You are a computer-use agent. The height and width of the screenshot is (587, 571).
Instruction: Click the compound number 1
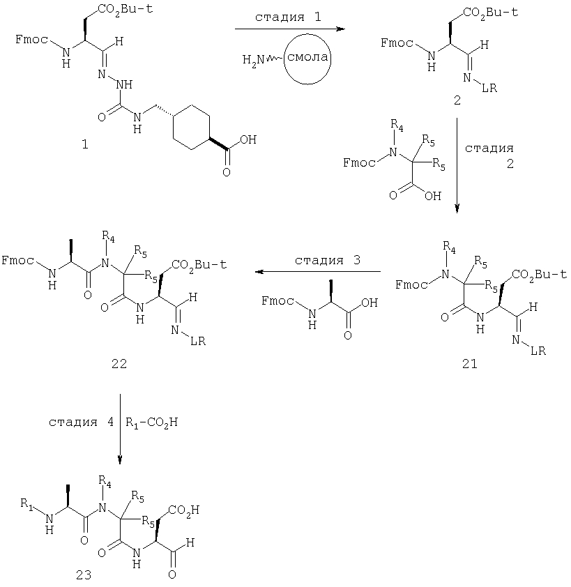[x=85, y=144]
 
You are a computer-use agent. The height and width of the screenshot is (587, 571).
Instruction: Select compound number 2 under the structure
[x=457, y=100]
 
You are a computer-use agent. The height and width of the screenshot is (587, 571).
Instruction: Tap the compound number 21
[x=470, y=363]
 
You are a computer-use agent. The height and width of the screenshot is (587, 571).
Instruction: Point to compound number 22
[x=119, y=363]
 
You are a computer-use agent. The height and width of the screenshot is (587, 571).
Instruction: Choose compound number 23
[x=84, y=574]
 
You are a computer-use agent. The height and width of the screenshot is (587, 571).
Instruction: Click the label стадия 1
[x=288, y=17]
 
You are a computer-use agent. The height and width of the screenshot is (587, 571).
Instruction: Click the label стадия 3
[x=328, y=260]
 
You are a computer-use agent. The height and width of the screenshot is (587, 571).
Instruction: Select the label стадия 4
[x=82, y=422]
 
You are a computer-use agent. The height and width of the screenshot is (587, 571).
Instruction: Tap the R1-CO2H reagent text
[x=151, y=422]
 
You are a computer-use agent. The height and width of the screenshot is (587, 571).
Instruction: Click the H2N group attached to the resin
[x=254, y=59]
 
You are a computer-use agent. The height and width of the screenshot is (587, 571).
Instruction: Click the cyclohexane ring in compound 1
[x=190, y=128]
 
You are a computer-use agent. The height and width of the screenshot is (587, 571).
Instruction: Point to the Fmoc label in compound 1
[x=32, y=39]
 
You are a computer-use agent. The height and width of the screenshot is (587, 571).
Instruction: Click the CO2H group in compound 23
[x=184, y=510]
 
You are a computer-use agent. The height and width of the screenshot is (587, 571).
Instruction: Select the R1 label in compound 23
[x=26, y=503]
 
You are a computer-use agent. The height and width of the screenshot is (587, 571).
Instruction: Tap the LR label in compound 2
[x=489, y=89]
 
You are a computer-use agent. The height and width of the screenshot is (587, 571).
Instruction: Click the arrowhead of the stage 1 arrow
[x=340, y=29]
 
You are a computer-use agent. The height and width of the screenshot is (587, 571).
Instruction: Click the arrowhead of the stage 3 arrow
[x=260, y=271]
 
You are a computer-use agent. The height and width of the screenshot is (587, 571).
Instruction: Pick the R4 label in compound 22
[x=108, y=237]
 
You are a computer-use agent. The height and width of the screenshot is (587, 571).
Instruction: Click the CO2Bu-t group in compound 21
[x=539, y=275]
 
